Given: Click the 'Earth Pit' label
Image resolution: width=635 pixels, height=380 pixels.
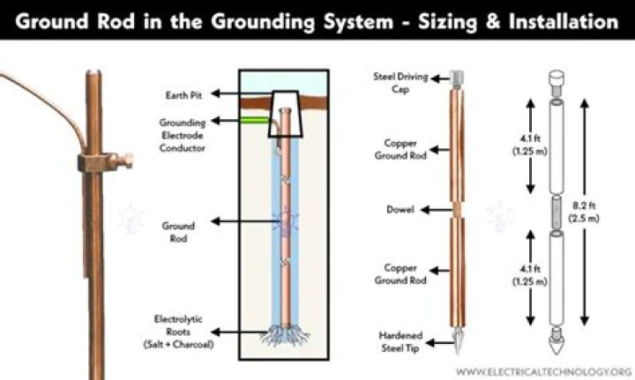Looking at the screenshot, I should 181,93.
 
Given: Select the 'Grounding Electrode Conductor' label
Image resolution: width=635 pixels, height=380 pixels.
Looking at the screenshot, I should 183,136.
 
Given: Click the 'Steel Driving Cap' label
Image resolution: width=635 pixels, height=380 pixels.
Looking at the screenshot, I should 386,83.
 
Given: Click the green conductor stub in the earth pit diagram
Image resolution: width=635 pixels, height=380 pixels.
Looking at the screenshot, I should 252,118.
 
